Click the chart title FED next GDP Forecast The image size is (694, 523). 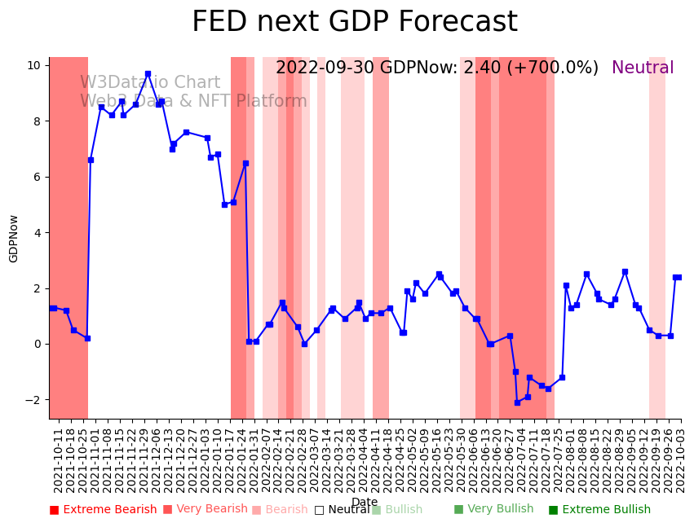pos(354,22)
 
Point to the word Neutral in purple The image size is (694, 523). pos(643,68)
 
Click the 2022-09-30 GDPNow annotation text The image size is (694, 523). pos(436,68)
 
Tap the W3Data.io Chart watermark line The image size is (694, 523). pos(150,83)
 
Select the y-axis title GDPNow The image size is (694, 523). pos(14,239)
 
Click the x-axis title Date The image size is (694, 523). pos(365,502)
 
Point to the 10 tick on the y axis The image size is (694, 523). pos(34,65)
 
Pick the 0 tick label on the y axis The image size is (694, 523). pos(38,345)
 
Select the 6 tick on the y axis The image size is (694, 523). pos(38,177)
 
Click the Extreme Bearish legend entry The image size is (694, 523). pos(103,510)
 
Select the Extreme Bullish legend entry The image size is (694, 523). pos(599,510)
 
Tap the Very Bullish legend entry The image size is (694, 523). pos(493,509)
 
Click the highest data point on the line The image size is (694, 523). pos(148,74)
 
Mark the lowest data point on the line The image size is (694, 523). pos(517,402)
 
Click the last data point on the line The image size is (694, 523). pos(679,277)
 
